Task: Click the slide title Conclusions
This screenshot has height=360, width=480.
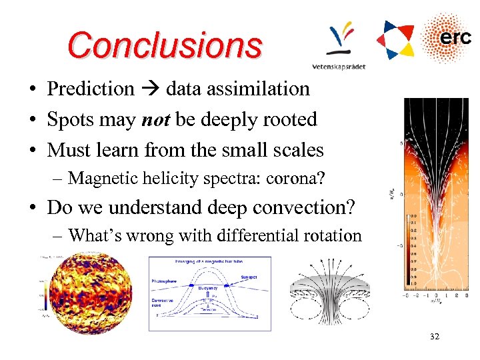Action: tap(165, 45)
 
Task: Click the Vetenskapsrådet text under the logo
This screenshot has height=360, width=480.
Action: tap(339, 66)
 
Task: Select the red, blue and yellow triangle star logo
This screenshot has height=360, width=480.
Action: tap(395, 39)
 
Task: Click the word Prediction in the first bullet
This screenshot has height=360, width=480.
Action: tap(91, 89)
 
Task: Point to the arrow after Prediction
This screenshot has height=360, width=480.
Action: tap(150, 89)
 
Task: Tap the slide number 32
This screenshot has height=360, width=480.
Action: tap(435, 337)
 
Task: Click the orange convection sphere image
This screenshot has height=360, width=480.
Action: tap(87, 293)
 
